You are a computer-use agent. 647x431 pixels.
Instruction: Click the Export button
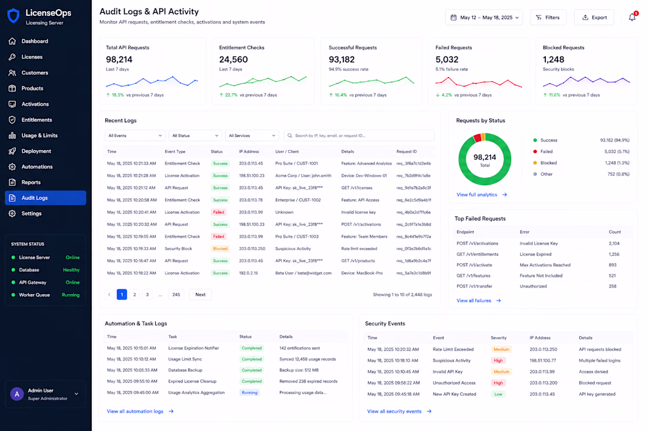point(594,17)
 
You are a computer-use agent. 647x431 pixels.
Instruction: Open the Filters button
point(548,17)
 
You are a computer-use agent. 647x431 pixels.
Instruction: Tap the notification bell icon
point(632,17)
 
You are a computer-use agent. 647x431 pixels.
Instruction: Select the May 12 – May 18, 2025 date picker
point(483,17)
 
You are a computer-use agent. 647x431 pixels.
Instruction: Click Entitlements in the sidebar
point(36,119)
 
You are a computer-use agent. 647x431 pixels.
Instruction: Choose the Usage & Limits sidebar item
point(39,135)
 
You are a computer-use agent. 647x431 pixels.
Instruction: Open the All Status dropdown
point(195,135)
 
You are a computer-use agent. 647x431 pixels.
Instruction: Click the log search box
point(359,135)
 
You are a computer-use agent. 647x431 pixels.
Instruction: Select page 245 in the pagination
point(176,295)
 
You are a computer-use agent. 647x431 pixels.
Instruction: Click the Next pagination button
point(200,295)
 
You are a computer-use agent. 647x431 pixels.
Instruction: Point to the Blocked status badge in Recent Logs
point(220,249)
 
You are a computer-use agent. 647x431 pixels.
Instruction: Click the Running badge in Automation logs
point(249,393)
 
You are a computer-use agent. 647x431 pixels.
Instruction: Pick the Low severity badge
point(498,395)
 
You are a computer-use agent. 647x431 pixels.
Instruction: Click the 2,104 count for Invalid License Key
point(614,243)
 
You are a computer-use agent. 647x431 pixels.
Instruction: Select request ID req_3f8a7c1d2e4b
point(413,163)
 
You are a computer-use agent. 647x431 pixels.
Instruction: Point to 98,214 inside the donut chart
point(485,157)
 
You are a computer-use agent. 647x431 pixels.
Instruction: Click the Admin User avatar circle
point(17,394)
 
